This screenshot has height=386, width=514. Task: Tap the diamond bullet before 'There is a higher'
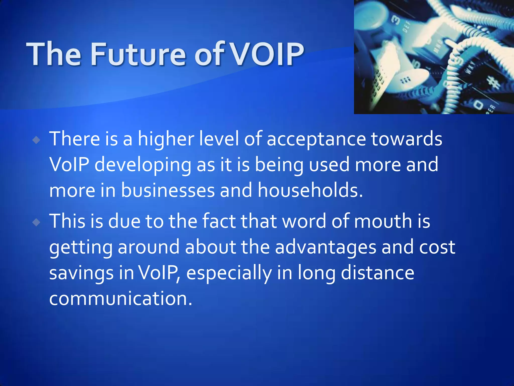[x=36, y=140]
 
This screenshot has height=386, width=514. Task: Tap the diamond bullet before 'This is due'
[x=36, y=222]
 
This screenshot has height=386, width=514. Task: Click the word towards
[x=407, y=139]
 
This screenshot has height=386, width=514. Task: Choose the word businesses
[x=168, y=190]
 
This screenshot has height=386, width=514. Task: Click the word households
[x=310, y=190]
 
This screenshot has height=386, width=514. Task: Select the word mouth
[x=383, y=221]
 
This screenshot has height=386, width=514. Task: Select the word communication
[x=120, y=299]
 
